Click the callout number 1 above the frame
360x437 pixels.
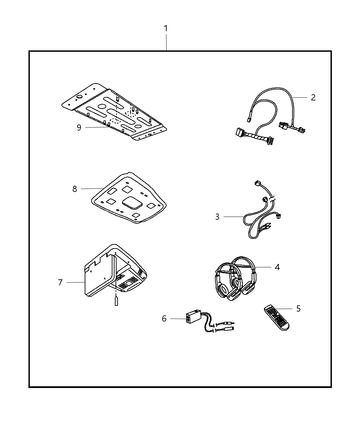(x=166, y=28)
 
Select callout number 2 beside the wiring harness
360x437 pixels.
(x=313, y=98)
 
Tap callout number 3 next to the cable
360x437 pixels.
(x=217, y=217)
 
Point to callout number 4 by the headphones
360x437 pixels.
(x=277, y=267)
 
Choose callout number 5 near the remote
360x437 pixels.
(x=298, y=309)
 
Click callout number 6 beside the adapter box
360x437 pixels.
(x=164, y=318)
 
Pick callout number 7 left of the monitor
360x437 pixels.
(x=60, y=282)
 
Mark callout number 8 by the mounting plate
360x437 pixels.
(x=75, y=189)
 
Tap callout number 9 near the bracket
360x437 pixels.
(x=79, y=128)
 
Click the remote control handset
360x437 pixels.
(x=276, y=318)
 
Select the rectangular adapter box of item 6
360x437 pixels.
(x=193, y=316)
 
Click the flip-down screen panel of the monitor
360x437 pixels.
(x=100, y=276)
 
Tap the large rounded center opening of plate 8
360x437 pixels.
(x=132, y=203)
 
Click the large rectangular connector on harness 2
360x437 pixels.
(x=240, y=133)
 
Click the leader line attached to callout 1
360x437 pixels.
(x=166, y=42)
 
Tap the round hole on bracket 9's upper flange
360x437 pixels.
(x=80, y=97)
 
